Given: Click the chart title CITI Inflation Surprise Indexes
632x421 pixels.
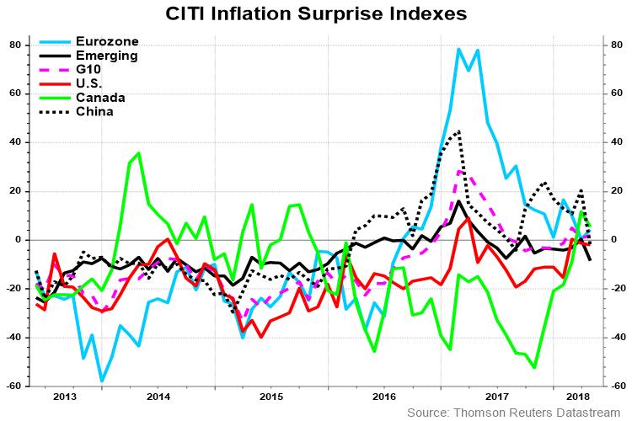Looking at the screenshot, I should (315, 13).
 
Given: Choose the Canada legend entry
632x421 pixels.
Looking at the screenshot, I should (99, 98).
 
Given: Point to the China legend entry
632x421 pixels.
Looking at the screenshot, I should (94, 111).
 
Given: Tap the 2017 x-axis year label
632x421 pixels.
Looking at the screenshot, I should (497, 397).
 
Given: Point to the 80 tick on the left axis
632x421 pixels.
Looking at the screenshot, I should (15, 45).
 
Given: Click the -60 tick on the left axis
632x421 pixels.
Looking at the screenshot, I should (13, 386).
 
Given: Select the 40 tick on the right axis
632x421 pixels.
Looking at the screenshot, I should (616, 142).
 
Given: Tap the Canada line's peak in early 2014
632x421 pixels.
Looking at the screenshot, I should (138, 153).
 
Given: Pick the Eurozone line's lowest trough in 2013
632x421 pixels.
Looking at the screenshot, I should (102, 381).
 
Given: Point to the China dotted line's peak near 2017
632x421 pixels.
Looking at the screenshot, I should (458, 131).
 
